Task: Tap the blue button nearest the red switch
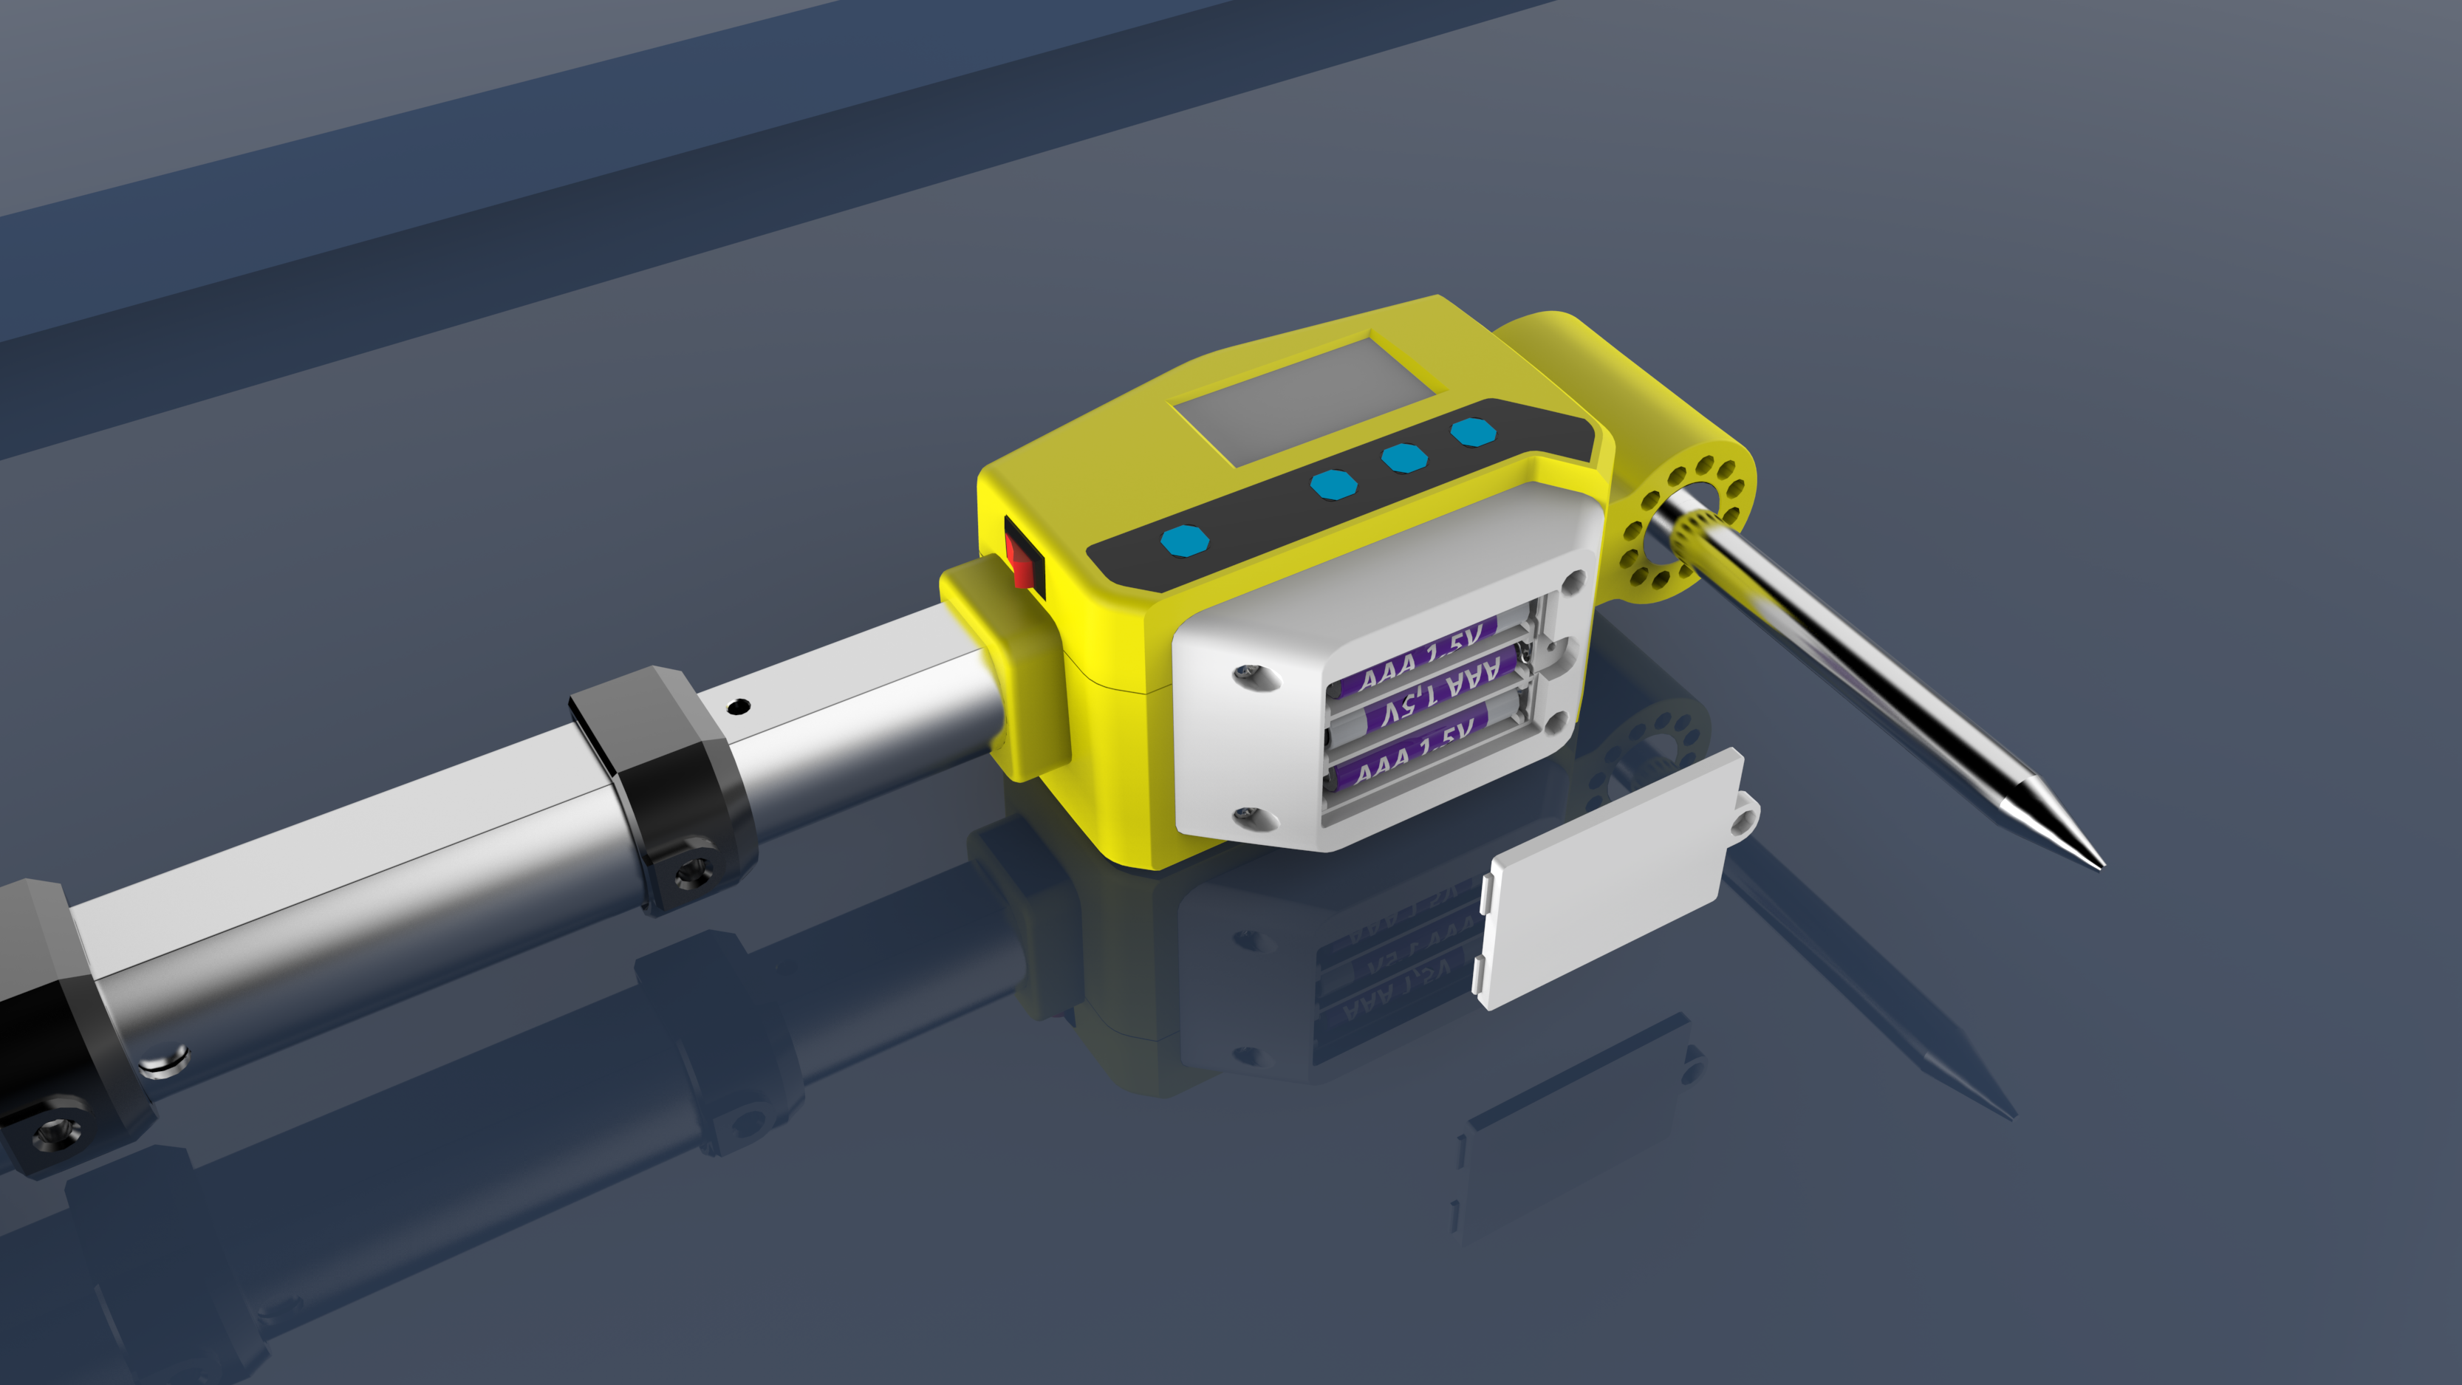[x=1184, y=540]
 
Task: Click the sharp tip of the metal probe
[x=2097, y=864]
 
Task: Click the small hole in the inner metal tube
[x=738, y=708]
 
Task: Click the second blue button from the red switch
[x=1333, y=484]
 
